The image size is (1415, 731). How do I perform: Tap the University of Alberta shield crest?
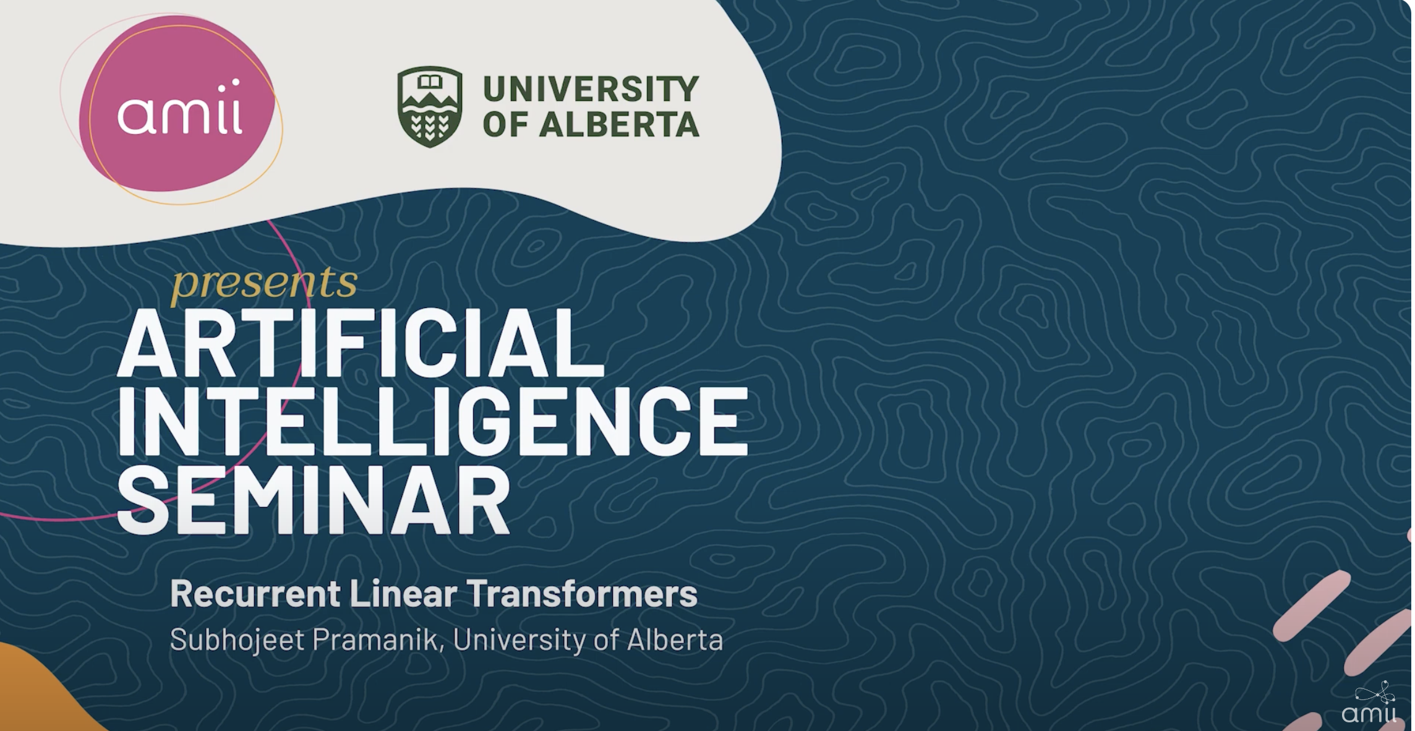tap(430, 106)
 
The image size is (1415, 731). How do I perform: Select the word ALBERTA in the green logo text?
tap(619, 124)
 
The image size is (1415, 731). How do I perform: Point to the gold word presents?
tap(264, 283)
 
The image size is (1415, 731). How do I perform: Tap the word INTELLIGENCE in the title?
tap(432, 421)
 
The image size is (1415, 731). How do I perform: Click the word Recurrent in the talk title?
tap(255, 593)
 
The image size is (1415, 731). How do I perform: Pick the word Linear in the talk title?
tap(403, 593)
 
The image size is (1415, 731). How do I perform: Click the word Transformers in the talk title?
tap(582, 593)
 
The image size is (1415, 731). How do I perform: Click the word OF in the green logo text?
tap(505, 124)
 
